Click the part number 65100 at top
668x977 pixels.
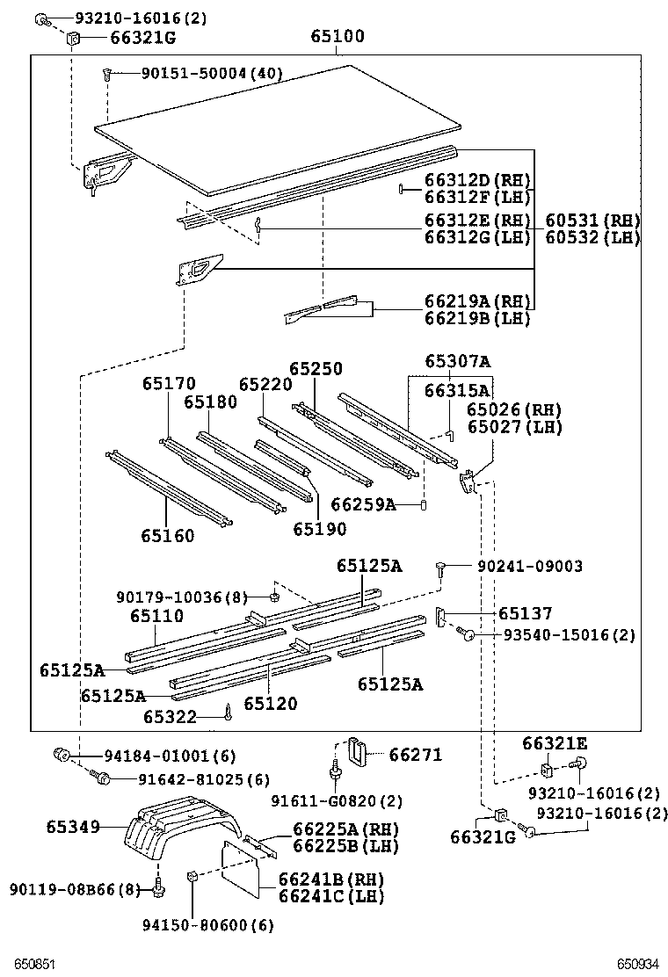[x=338, y=37]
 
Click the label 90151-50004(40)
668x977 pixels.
[x=211, y=74]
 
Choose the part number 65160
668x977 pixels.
[x=167, y=535]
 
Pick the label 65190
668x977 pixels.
[x=319, y=529]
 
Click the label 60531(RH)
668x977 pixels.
[x=592, y=221]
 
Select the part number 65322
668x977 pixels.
[x=170, y=718]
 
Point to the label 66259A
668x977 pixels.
[x=362, y=504]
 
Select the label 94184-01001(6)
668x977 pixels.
[x=163, y=756]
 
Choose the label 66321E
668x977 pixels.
[x=554, y=743]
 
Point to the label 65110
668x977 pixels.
[x=157, y=616]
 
